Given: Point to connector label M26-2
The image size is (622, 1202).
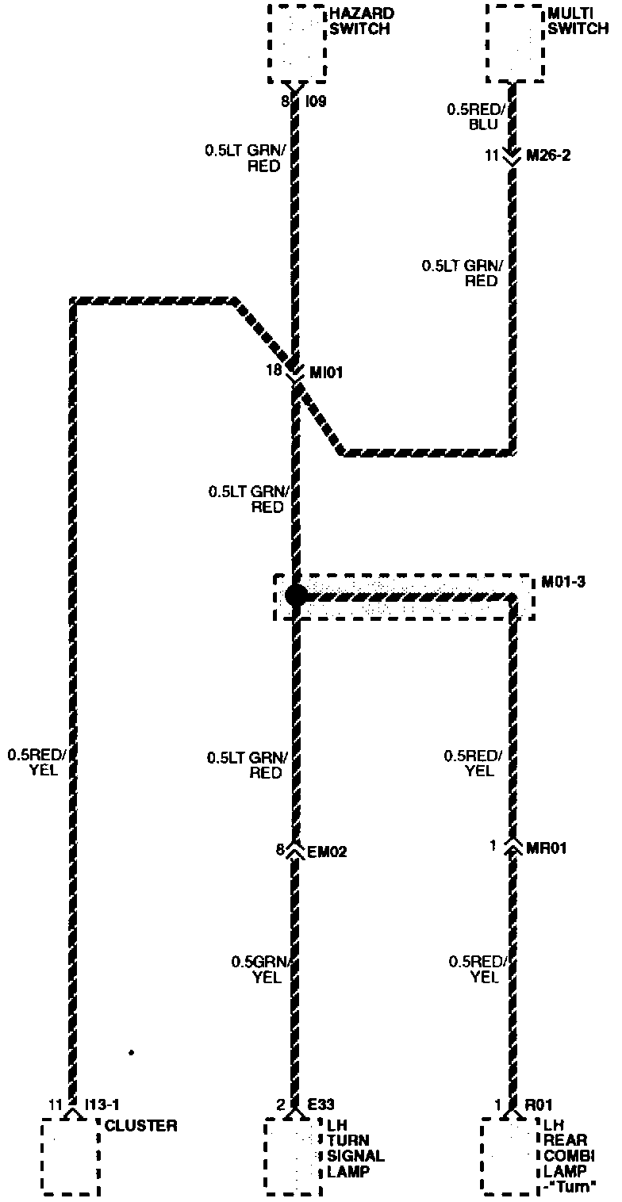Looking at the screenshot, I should (548, 156).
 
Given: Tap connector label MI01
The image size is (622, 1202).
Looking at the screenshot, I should (325, 370).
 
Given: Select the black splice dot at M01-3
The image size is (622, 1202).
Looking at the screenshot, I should (295, 595).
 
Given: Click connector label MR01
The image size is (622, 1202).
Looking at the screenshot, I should (547, 848).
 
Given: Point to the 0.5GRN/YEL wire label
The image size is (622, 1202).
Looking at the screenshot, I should (264, 970).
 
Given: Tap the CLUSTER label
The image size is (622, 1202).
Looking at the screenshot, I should (141, 1125).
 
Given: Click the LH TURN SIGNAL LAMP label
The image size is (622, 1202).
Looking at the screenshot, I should (355, 1148).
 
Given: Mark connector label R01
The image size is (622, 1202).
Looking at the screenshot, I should (539, 1104).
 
